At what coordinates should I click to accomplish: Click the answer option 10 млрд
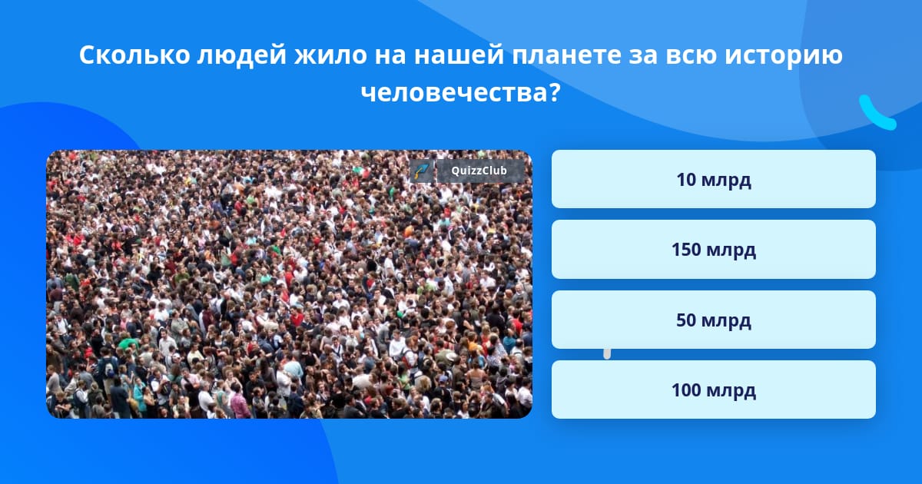(713, 179)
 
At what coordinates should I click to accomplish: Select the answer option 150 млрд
(713, 250)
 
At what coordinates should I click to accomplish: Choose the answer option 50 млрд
(713, 320)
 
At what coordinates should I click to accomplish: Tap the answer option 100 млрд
(713, 390)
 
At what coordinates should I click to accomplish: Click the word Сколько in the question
(134, 55)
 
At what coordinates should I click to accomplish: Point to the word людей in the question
(241, 56)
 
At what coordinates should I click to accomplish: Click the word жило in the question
(330, 55)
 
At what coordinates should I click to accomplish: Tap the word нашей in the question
(459, 55)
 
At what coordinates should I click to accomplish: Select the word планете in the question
(566, 55)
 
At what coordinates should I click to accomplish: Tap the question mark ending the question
(554, 92)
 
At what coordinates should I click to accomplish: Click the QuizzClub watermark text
(479, 171)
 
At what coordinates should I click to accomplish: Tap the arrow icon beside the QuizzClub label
(422, 171)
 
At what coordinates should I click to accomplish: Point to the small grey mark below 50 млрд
(607, 353)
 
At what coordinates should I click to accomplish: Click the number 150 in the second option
(686, 250)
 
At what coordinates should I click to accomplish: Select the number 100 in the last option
(686, 390)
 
